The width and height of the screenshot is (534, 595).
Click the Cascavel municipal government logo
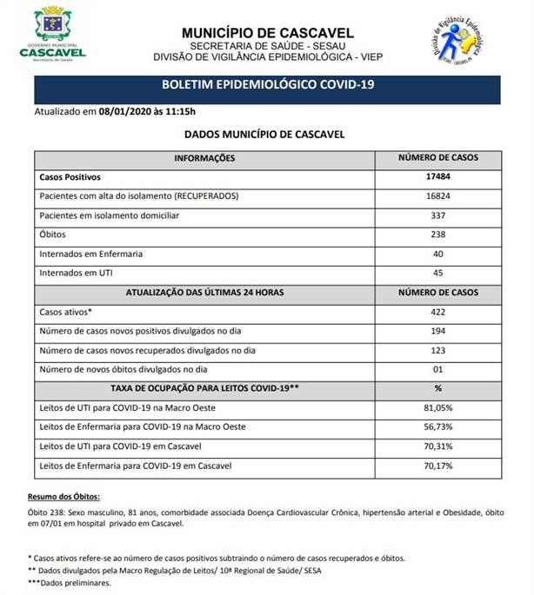(52, 33)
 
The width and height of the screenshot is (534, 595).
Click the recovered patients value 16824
(437, 195)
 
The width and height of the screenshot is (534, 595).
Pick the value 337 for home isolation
(437, 215)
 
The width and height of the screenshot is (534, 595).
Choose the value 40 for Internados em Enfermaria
(437, 254)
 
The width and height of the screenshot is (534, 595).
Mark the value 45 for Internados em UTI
(437, 273)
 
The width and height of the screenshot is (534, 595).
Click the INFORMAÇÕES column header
(204, 158)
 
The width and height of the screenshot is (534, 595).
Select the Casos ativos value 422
(437, 311)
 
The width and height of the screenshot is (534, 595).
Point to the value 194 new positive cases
(437, 331)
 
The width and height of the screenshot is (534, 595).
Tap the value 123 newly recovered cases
(437, 350)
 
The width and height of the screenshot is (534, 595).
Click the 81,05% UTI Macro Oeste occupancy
(437, 407)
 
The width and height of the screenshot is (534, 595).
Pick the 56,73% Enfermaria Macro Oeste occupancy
(437, 427)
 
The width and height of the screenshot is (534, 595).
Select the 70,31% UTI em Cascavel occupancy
(437, 446)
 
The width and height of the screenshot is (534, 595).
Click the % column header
(437, 388)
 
